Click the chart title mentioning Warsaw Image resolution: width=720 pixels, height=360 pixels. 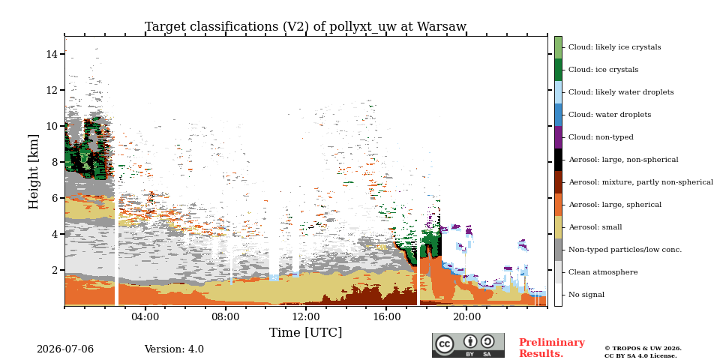click(305, 27)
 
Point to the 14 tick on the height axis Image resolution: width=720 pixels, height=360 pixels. click(52, 54)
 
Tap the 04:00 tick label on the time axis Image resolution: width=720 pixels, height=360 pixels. click(145, 316)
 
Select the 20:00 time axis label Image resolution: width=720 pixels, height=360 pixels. click(466, 316)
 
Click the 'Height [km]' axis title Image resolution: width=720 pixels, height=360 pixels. click(34, 172)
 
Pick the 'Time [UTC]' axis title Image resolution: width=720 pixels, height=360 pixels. click(305, 332)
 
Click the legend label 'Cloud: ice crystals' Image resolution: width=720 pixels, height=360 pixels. click(603, 70)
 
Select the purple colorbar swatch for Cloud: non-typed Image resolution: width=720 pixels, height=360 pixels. click(558, 137)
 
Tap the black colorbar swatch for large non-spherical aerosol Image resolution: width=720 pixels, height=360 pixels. click(558, 160)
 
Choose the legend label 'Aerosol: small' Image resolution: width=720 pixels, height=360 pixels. click(595, 227)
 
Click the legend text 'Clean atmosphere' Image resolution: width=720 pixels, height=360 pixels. click(603, 272)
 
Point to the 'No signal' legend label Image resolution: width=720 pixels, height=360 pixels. click(586, 295)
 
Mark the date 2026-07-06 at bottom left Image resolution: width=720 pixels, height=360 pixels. click(65, 349)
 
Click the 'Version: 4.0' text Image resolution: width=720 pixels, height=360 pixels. click(174, 349)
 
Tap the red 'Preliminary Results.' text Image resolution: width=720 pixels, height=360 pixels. click(552, 348)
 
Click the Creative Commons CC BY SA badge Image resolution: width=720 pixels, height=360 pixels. click(468, 345)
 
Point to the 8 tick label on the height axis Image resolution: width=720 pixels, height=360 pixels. click(55, 162)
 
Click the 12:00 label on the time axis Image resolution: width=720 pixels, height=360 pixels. click(306, 316)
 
